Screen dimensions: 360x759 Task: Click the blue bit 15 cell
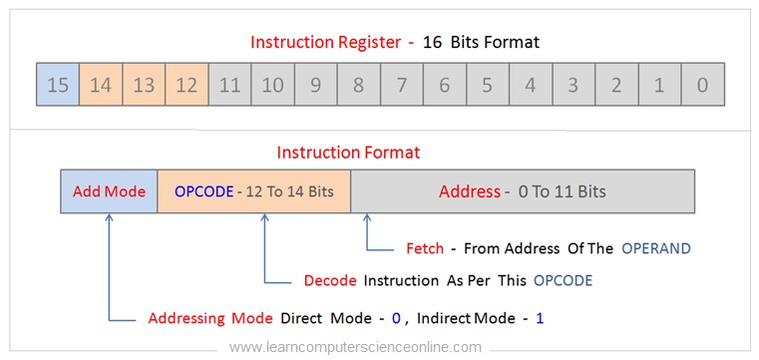pos(58,85)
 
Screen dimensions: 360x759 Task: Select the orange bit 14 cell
pos(101,85)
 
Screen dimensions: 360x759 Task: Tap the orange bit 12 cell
pos(187,85)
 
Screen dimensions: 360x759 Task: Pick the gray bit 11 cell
pos(229,85)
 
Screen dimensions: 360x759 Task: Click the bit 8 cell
pos(358,85)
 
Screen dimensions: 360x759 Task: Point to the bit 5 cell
pos(487,85)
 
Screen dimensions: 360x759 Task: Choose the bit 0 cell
pos(702,85)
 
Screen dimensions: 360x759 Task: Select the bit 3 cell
pos(573,85)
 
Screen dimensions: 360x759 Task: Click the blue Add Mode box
pos(109,191)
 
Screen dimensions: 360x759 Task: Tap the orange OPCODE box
pos(253,191)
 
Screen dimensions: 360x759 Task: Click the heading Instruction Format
pos(348,153)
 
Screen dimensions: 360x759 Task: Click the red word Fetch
pos(425,247)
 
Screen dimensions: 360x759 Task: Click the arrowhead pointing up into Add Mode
pos(109,219)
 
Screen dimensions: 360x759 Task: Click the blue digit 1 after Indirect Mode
pos(540,319)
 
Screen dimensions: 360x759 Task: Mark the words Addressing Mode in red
pos(209,319)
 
